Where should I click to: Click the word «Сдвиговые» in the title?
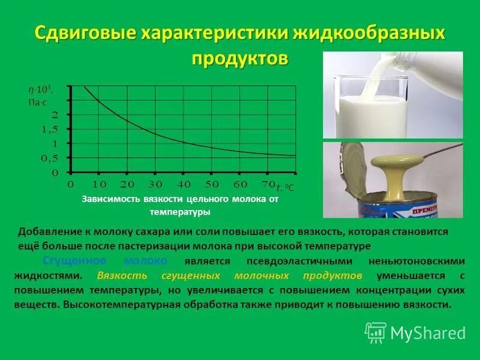pos(83,33)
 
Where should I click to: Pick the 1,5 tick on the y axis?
pos(50,129)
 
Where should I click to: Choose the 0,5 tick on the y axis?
pos(50,158)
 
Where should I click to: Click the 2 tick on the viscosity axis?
pos(55,115)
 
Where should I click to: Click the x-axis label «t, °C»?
pos(285,187)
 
